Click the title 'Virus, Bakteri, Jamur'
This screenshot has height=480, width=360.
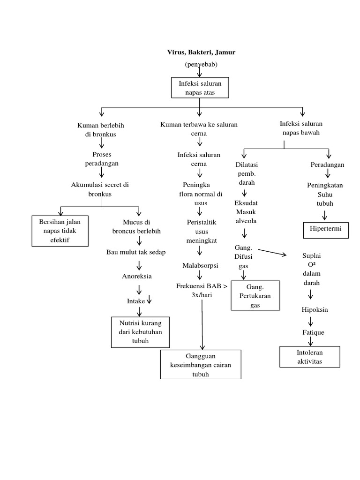(x=201, y=52)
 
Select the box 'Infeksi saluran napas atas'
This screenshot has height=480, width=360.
(x=199, y=88)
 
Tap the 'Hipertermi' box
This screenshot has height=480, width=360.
(x=325, y=230)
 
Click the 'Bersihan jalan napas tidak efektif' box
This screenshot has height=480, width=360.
(x=60, y=230)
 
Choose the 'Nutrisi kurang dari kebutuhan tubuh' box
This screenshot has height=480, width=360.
(x=140, y=332)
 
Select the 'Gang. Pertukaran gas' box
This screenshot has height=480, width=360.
(x=255, y=295)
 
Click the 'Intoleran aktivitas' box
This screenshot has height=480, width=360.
(x=310, y=357)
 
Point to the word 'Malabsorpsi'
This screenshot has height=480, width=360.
(x=200, y=266)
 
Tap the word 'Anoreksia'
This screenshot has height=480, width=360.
(x=136, y=276)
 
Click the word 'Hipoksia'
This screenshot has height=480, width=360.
(x=315, y=310)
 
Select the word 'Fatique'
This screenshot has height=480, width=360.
(x=313, y=332)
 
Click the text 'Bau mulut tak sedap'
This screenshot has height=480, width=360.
(x=136, y=252)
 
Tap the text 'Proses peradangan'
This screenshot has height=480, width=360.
(x=102, y=159)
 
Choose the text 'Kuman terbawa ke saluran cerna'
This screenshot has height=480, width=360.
(x=199, y=129)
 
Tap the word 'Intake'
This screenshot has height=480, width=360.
(x=136, y=301)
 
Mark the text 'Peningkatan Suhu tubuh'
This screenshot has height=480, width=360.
(x=325, y=194)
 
